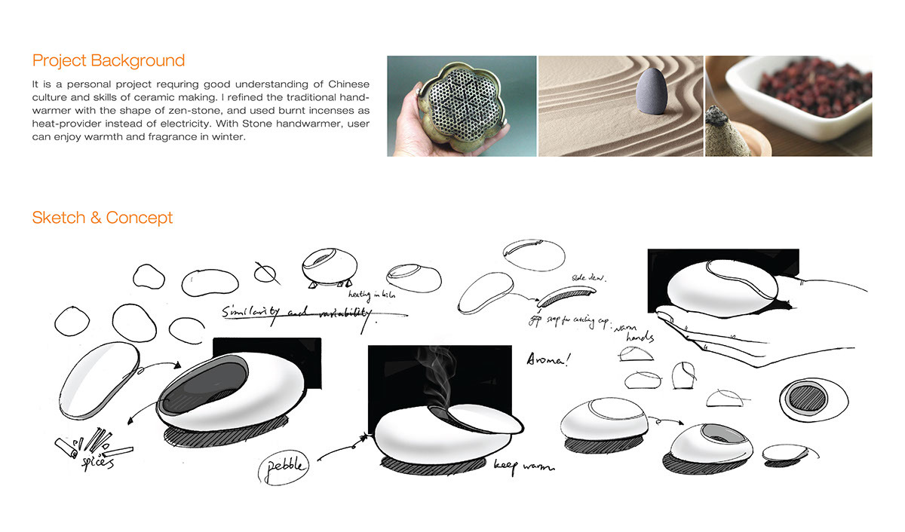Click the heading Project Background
point(108,61)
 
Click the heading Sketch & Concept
point(102,219)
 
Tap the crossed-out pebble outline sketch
point(265,273)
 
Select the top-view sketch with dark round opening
point(806,397)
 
